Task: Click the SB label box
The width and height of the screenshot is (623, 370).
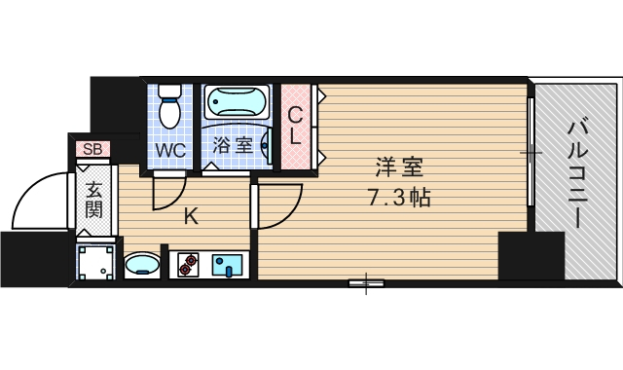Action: click(x=93, y=149)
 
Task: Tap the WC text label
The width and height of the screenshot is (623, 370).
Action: click(x=171, y=151)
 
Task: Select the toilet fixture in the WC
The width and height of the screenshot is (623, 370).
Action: click(x=171, y=106)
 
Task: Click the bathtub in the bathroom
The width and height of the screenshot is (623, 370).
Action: click(x=238, y=103)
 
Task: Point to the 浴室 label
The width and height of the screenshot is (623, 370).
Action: click(x=233, y=146)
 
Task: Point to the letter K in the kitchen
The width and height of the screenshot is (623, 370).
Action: click(x=192, y=216)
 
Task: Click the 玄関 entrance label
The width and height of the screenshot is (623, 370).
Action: click(x=93, y=199)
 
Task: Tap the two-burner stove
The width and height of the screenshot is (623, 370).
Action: click(x=187, y=263)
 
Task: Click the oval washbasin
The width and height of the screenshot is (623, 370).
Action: click(x=143, y=264)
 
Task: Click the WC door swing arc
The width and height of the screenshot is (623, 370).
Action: click(x=169, y=192)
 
